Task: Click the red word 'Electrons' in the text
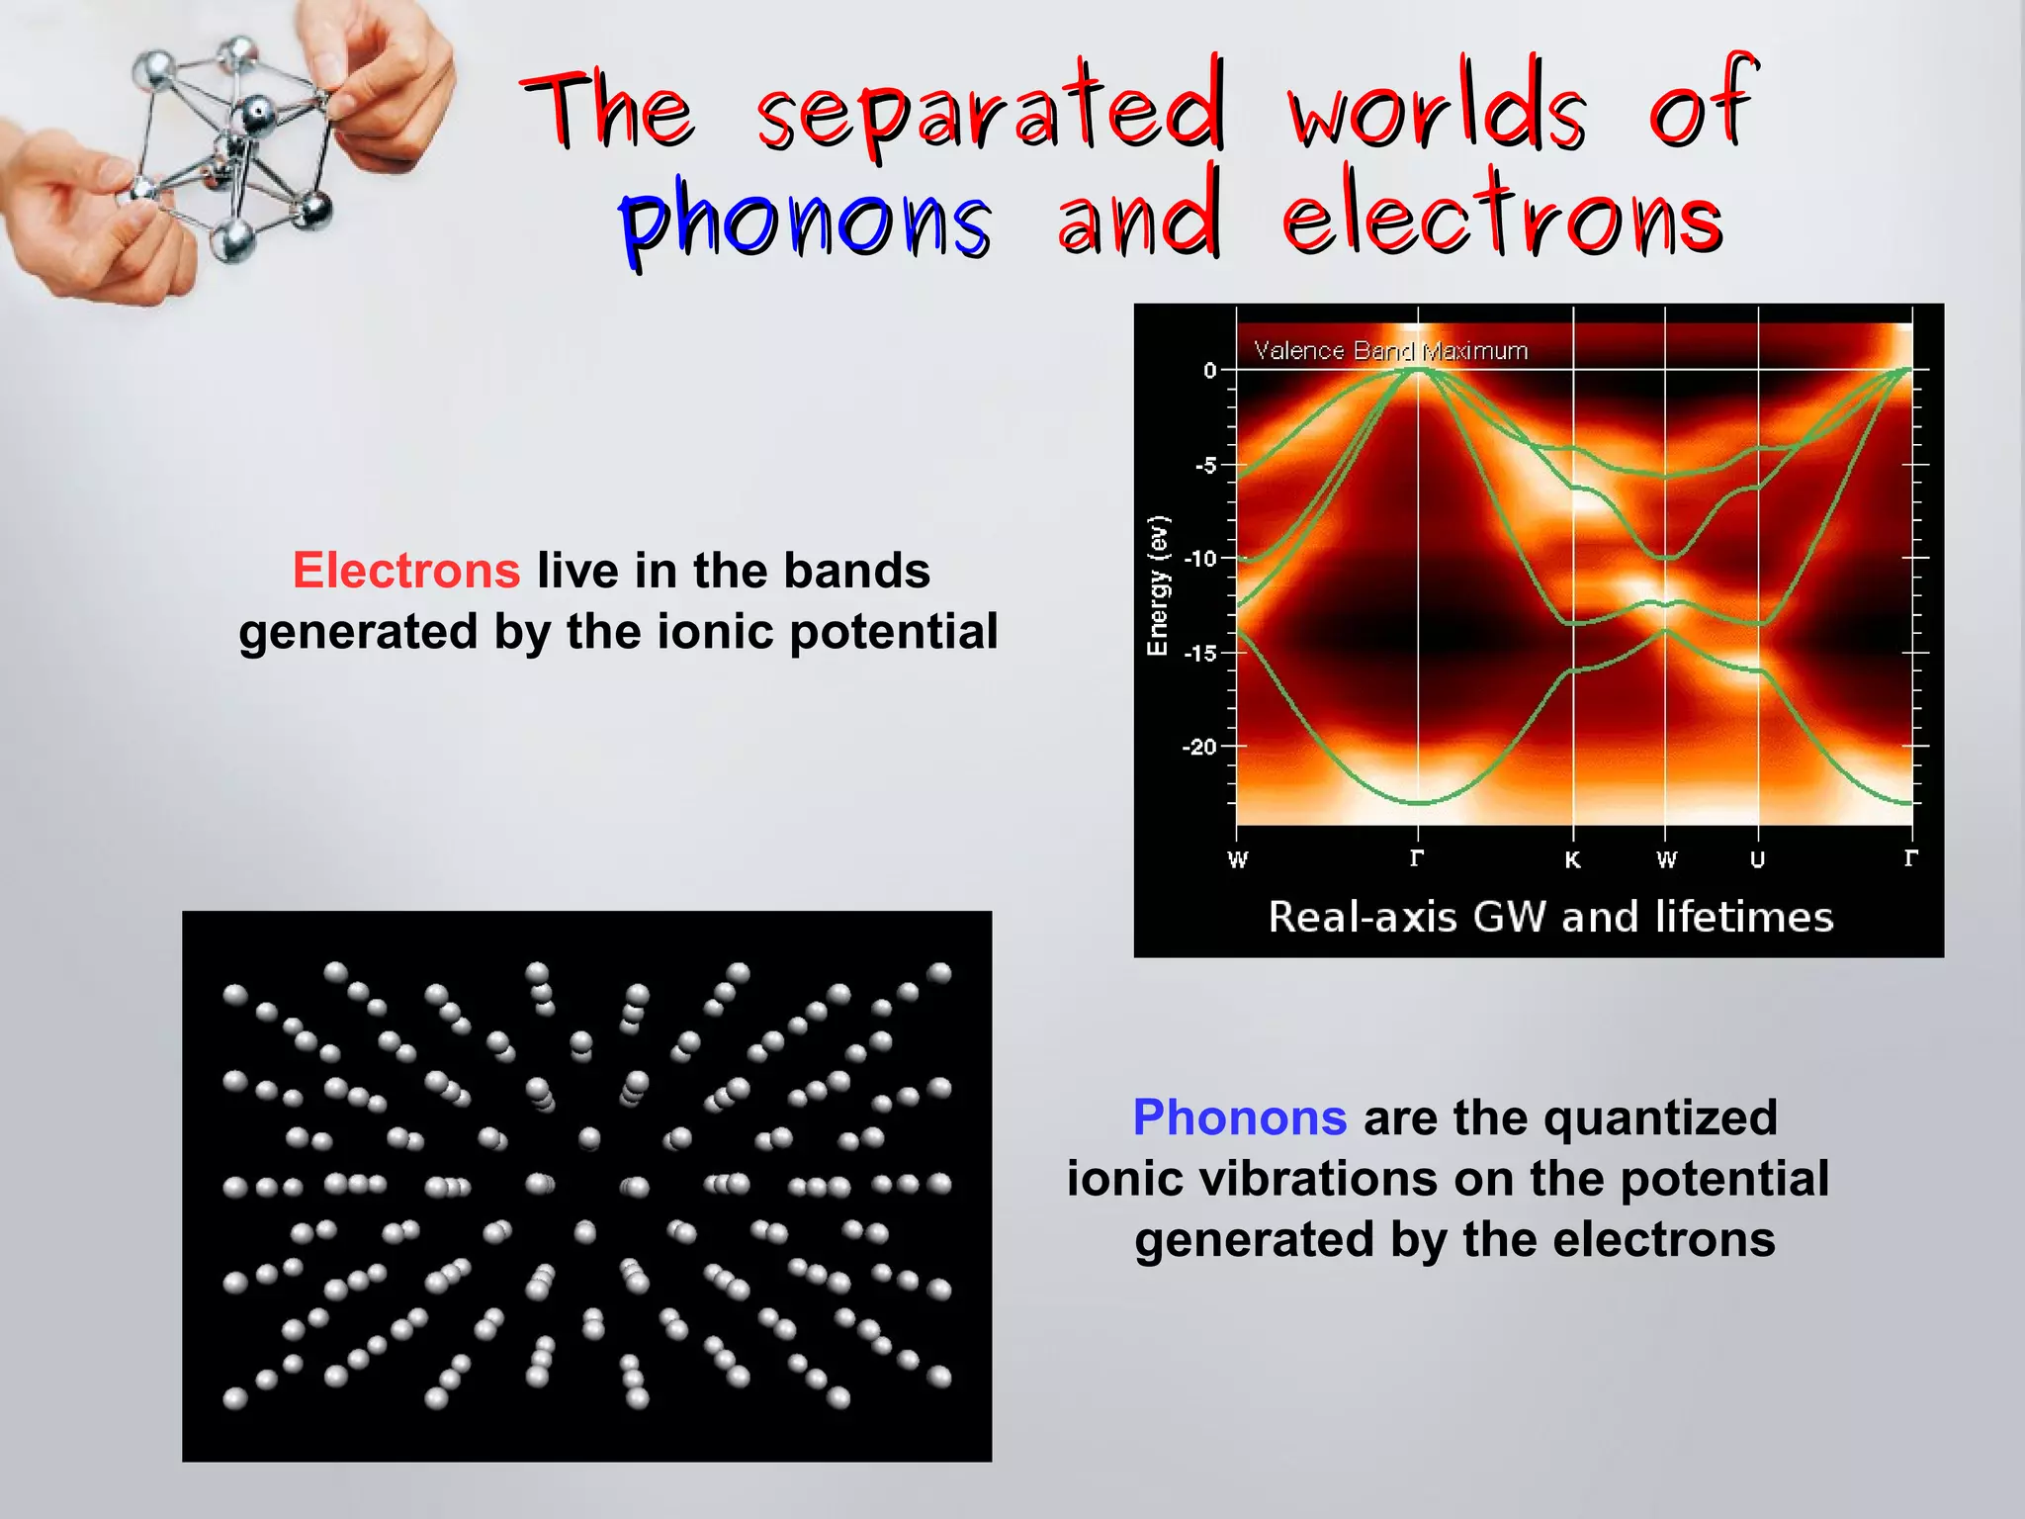(x=406, y=571)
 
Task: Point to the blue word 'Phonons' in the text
(x=1239, y=1117)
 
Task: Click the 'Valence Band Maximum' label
(x=1390, y=351)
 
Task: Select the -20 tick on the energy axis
(x=1200, y=747)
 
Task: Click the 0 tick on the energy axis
(x=1209, y=371)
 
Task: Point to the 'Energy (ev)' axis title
(x=1157, y=585)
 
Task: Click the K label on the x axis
(x=1572, y=859)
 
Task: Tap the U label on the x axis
(x=1757, y=859)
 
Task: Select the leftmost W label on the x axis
(x=1237, y=859)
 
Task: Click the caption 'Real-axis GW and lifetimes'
(x=1550, y=917)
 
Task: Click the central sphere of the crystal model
(x=258, y=114)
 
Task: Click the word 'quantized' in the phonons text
(x=1660, y=1117)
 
